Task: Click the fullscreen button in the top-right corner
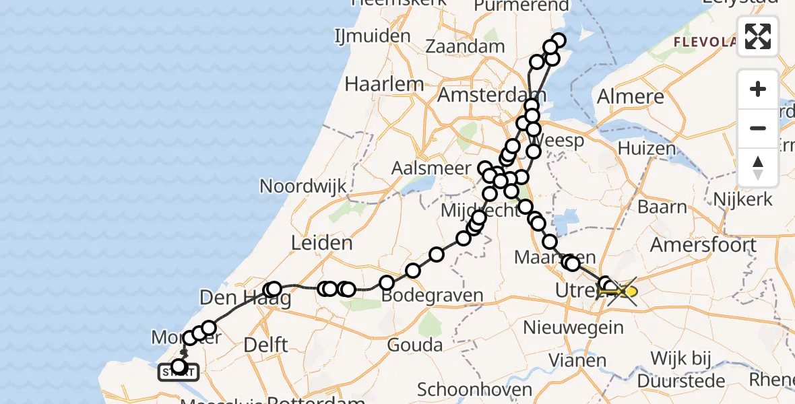tap(758, 36)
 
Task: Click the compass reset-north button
tap(758, 168)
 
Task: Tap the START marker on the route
tap(179, 370)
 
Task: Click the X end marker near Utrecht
tap(623, 292)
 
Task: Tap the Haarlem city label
tap(384, 84)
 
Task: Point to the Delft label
tap(265, 345)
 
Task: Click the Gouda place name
tap(415, 345)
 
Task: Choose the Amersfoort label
tap(703, 244)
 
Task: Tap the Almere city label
tap(631, 96)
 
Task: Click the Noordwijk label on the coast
tap(303, 186)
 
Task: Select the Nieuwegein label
tap(574, 328)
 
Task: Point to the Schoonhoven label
tap(474, 389)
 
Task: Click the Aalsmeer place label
tap(433, 168)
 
